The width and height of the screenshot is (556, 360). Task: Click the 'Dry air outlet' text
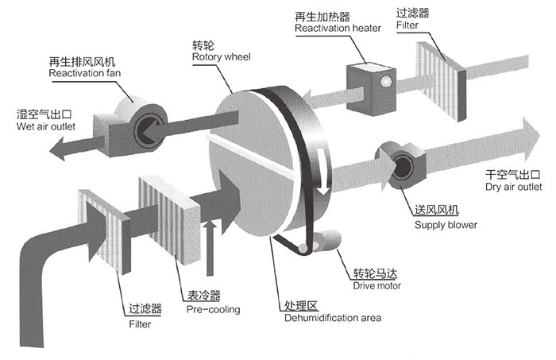tap(513, 189)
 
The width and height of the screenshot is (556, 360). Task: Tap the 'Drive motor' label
tap(377, 285)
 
